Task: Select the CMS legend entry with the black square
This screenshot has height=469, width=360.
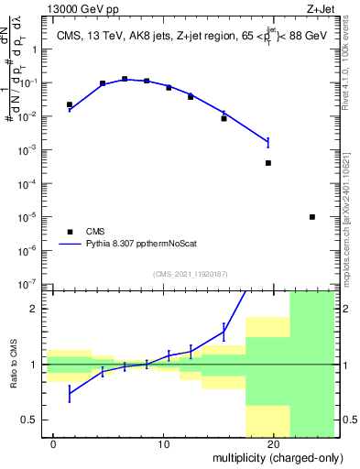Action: pos(70,232)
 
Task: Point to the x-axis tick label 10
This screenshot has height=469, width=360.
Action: pos(164,444)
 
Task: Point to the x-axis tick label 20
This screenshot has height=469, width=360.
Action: pos(273,444)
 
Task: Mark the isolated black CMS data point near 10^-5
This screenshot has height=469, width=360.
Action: pos(312,217)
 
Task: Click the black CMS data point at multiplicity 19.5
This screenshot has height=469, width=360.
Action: pos(268,163)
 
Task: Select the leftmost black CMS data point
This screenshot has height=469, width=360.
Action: pos(70,105)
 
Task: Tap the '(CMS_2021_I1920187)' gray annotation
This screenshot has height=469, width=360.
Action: pos(191,272)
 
